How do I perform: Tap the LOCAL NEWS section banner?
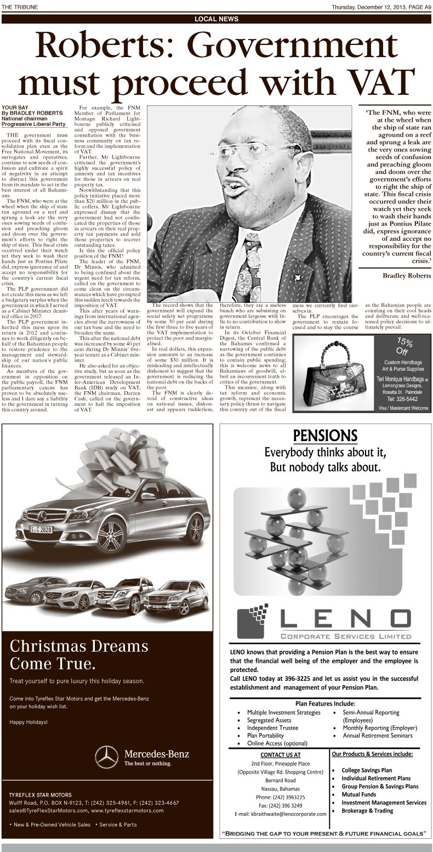coord(216,19)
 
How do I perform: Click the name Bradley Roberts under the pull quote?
coord(406,275)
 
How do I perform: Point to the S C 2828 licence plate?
coord(42,530)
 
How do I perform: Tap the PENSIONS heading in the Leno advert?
coord(326,435)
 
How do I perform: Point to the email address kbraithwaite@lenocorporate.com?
coord(280,814)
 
